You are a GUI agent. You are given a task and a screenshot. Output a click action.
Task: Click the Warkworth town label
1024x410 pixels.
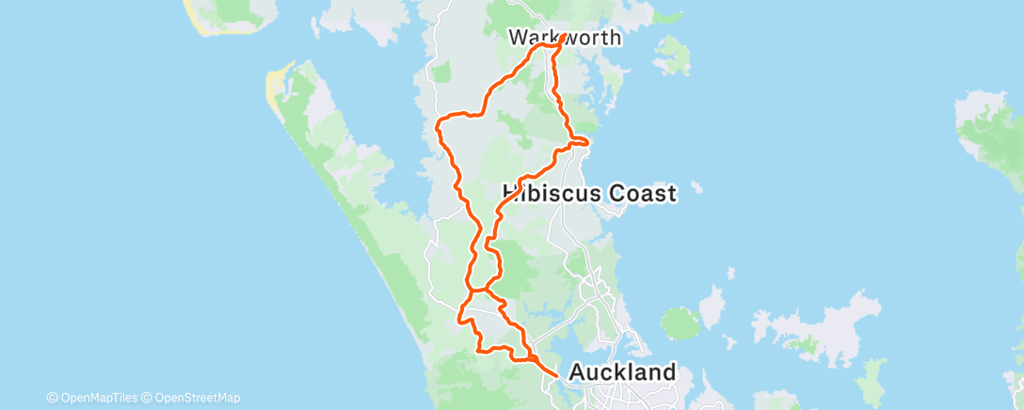point(565,39)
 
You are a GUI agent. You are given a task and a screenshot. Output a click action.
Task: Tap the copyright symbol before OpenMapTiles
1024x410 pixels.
point(52,398)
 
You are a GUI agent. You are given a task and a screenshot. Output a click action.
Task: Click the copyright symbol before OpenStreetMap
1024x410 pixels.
point(148,398)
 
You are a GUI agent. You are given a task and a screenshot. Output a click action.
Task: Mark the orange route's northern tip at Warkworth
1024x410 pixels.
point(563,39)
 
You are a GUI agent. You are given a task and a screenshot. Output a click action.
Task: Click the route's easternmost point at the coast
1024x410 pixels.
point(588,142)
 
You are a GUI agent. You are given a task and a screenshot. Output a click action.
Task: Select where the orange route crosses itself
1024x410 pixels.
point(486,291)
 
